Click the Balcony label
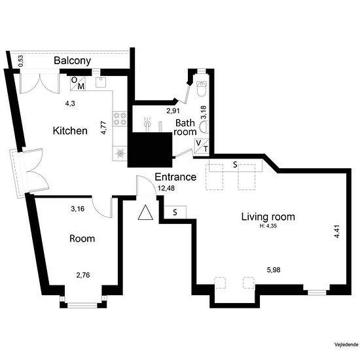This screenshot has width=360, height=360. (x=72, y=61)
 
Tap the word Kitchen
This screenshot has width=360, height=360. (x=70, y=131)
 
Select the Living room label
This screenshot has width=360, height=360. (x=268, y=217)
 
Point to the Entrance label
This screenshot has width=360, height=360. (x=175, y=177)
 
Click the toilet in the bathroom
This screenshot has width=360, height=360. (x=202, y=88)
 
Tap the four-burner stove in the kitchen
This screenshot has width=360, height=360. (x=120, y=118)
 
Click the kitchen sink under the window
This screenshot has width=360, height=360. (x=101, y=82)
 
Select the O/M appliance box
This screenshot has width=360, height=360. (x=78, y=84)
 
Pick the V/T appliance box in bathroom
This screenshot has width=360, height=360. (x=202, y=146)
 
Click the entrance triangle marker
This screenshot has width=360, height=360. (x=145, y=213)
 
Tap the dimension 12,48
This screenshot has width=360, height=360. (x=166, y=189)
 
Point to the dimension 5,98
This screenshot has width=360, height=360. (x=274, y=270)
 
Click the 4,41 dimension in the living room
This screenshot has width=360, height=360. (x=336, y=231)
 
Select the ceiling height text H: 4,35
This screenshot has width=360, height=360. (x=268, y=226)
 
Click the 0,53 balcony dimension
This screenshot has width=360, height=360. (x=21, y=62)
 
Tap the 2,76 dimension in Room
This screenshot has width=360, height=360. (x=83, y=275)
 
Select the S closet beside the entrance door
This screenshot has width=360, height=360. (x=175, y=212)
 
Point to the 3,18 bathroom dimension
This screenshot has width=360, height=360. (x=204, y=112)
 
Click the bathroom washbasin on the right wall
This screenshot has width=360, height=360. (x=203, y=127)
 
